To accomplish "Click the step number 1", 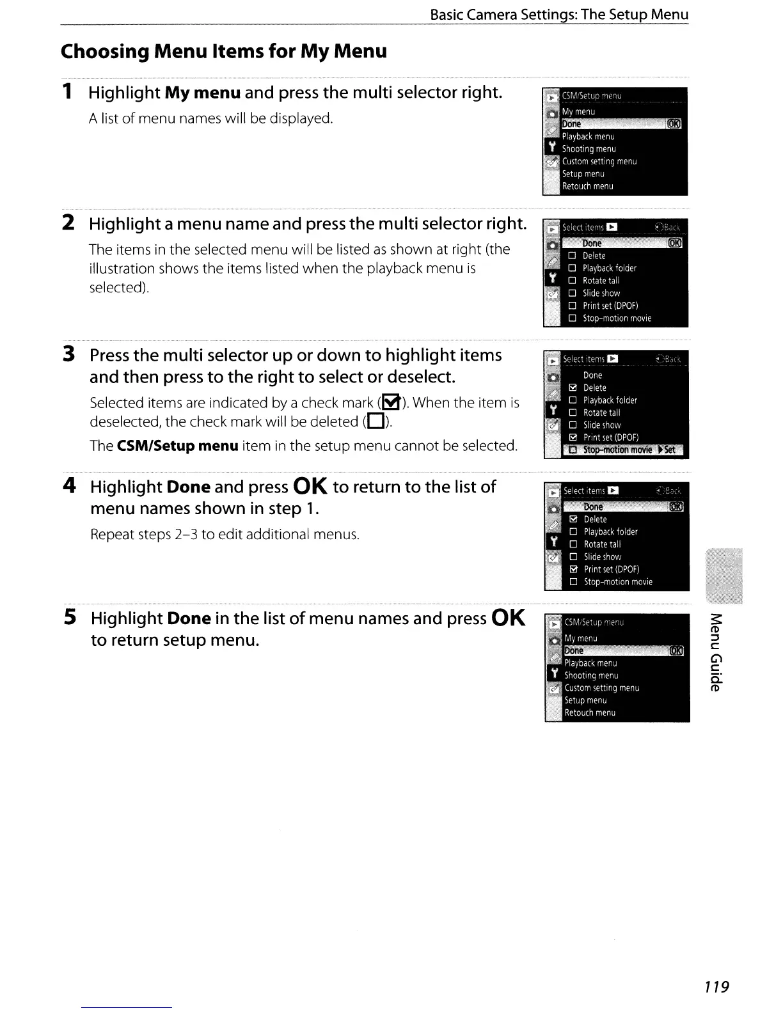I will pos(67,92).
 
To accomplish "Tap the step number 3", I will pos(69,354).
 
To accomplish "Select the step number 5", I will pos(70,617).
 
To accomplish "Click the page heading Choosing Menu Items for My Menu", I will pos(224,51).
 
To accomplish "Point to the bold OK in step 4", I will pos(310,487).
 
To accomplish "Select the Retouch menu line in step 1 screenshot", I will pos(587,186).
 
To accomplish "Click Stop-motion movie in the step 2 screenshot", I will pos(617,318).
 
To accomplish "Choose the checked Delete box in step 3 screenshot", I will pos(573,388).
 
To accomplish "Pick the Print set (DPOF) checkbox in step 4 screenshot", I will pos(574,569).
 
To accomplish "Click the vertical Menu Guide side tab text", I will pos(716,652).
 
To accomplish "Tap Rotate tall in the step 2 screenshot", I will pos(601,280).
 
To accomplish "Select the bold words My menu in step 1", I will pos(202,93).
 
